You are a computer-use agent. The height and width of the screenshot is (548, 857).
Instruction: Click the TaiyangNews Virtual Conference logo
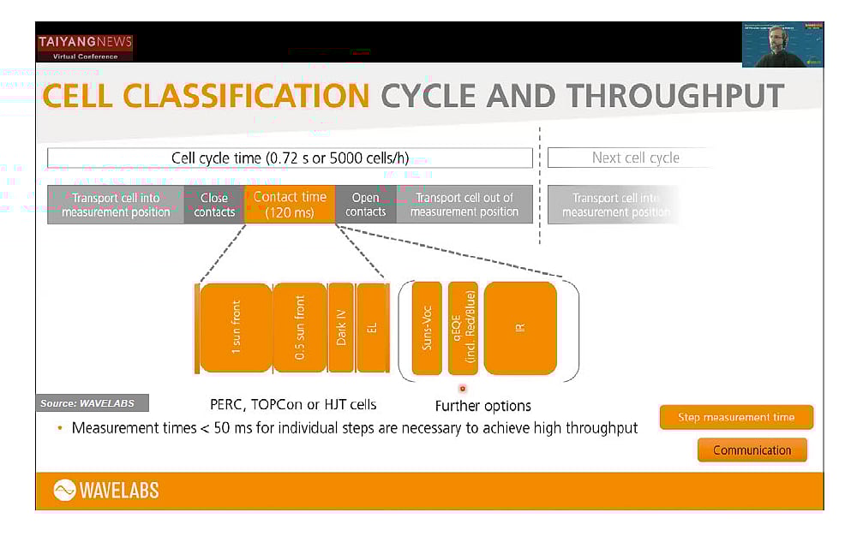click(85, 48)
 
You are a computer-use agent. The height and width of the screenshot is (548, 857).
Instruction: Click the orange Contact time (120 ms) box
click(290, 205)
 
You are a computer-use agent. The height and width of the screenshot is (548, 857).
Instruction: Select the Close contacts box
click(214, 205)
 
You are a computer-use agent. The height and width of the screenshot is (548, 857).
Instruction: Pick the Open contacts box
click(365, 205)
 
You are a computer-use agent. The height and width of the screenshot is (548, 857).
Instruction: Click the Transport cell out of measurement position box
click(464, 205)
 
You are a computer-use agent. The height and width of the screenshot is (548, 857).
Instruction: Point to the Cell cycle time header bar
click(290, 158)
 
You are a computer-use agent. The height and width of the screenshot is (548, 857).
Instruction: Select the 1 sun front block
click(236, 328)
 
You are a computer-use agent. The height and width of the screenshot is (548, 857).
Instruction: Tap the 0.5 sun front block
click(299, 328)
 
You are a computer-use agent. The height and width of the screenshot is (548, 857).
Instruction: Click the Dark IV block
click(341, 328)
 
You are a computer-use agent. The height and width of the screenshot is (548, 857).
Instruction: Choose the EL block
click(371, 328)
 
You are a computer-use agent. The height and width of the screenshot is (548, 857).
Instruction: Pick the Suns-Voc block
click(427, 328)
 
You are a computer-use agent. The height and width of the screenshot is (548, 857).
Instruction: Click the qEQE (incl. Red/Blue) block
click(463, 328)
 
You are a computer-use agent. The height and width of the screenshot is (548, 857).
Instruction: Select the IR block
click(520, 328)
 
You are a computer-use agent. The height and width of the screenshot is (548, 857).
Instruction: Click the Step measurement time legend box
click(735, 418)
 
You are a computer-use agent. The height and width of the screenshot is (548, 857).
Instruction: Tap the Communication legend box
click(752, 450)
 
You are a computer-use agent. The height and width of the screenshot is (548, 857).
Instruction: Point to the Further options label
click(482, 406)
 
